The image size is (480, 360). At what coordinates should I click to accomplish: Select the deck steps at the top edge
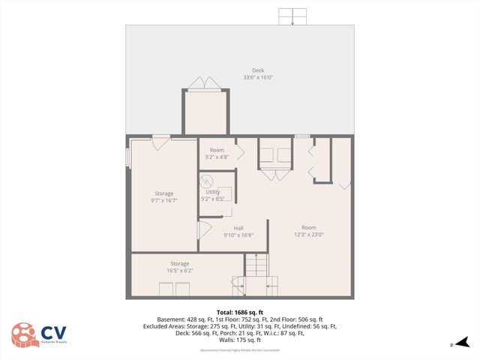coord(293,16)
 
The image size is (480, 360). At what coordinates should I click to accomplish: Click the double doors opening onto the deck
coord(204,84)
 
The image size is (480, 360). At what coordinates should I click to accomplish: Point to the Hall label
coord(238,228)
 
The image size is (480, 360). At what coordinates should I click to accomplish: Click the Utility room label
coord(213,192)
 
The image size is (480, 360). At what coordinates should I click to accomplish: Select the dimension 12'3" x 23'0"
coord(308,235)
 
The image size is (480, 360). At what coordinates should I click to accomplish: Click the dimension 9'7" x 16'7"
coord(164,200)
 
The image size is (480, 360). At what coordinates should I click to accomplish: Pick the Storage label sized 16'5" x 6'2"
coord(179,263)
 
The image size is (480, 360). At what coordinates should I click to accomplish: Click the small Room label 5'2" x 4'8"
coord(217,150)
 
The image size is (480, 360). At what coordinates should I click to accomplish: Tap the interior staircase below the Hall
coord(256,266)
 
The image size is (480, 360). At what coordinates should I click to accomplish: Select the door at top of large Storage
coord(161,142)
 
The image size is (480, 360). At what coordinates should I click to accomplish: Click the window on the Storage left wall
coord(127,157)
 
